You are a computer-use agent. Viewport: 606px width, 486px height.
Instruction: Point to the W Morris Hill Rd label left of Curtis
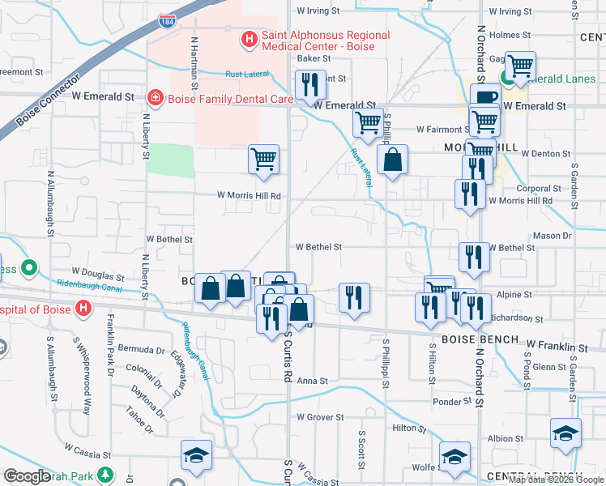pyautogui.click(x=248, y=196)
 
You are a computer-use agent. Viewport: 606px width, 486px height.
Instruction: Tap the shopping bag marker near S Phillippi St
pyautogui.click(x=392, y=160)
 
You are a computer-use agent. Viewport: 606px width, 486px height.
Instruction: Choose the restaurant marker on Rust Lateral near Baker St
pyautogui.click(x=309, y=83)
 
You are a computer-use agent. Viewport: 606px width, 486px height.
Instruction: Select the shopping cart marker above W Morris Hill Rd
pyautogui.click(x=263, y=159)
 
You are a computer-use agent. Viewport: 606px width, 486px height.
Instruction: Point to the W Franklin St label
pyautogui.click(x=557, y=346)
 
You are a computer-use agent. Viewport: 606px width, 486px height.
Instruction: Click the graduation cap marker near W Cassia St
pyautogui.click(x=195, y=456)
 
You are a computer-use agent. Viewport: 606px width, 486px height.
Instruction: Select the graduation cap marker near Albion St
pyautogui.click(x=565, y=433)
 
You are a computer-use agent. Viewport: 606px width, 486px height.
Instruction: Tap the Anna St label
pyautogui.click(x=312, y=381)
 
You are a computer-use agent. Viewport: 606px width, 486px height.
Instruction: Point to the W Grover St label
pyautogui.click(x=320, y=418)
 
